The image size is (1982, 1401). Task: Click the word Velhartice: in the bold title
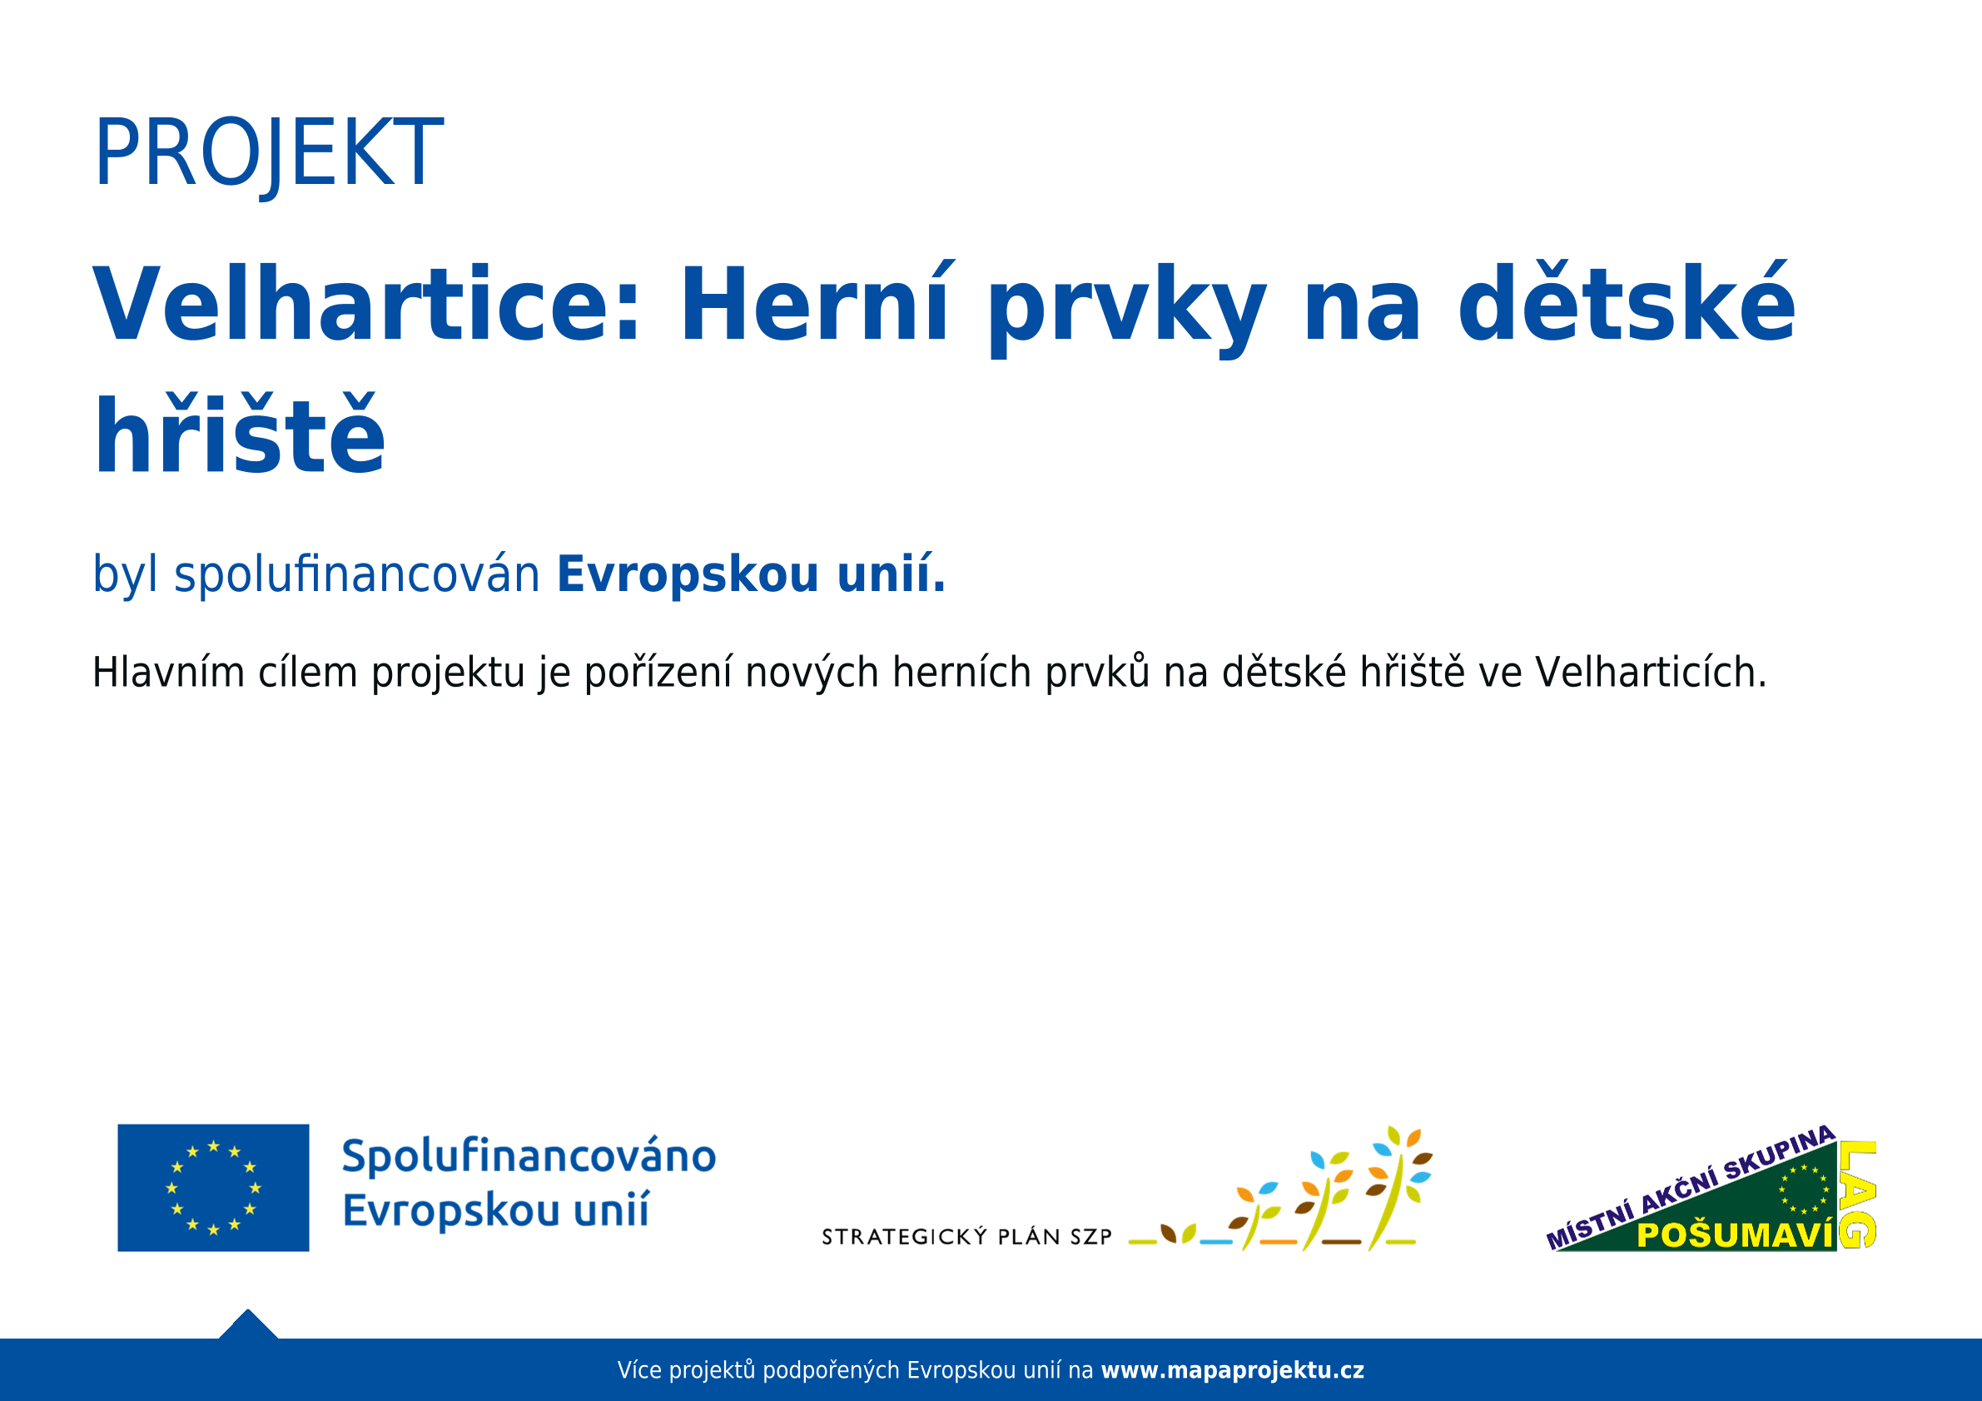[x=367, y=306]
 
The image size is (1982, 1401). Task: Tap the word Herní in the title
[x=816, y=303]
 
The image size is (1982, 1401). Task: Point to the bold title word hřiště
[x=239, y=434]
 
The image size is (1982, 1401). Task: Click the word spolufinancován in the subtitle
[x=357, y=575]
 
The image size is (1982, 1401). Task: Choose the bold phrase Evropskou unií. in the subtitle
[x=751, y=575]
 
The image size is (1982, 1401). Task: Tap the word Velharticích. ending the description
[x=1651, y=673]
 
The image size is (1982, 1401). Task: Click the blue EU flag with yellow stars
[x=213, y=1188]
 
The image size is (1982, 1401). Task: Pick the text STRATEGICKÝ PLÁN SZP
[x=966, y=1237]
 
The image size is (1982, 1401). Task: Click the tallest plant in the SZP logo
[x=1397, y=1189]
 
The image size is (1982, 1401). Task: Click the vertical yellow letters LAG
[x=1857, y=1195]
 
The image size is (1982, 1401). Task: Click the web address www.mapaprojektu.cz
[x=1233, y=1370]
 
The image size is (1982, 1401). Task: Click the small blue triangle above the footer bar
[x=249, y=1325]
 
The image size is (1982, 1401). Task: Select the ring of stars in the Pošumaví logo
[x=1804, y=1190]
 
